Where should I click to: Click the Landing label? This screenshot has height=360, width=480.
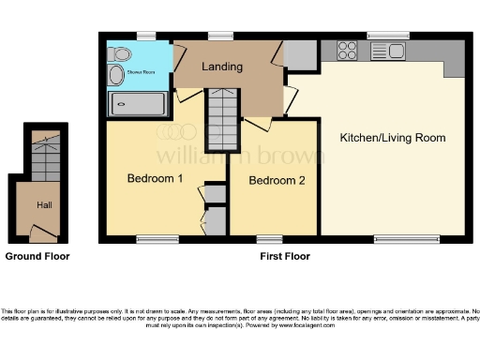click(222, 67)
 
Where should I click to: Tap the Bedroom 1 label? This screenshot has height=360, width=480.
click(156, 178)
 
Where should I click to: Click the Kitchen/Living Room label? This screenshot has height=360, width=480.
click(392, 138)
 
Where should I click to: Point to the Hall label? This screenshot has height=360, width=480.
click(44, 204)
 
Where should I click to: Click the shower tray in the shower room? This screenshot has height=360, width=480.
click(138, 103)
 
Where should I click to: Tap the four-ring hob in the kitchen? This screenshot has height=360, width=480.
click(347, 50)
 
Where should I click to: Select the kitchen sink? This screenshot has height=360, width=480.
click(389, 51)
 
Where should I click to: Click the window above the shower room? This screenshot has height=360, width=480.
click(145, 36)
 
